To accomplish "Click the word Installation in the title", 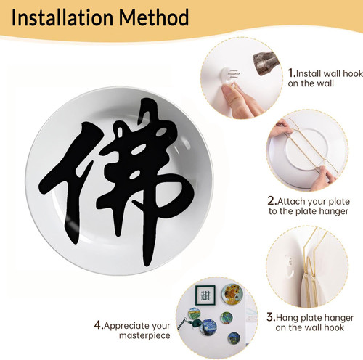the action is pyautogui.click(x=62, y=17).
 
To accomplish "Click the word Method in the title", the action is pyautogui.click(x=154, y=17).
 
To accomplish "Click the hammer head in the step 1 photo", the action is pyautogui.click(x=266, y=63).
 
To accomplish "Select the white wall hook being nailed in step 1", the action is pyautogui.click(x=229, y=75).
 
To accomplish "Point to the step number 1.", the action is pyautogui.click(x=291, y=73).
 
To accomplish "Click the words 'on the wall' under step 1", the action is pyautogui.click(x=311, y=83).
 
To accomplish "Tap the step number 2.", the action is pyautogui.click(x=272, y=201).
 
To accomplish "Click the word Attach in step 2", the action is pyautogui.click(x=291, y=201).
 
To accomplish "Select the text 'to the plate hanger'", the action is pyautogui.click(x=309, y=211).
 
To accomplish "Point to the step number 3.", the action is pyautogui.click(x=271, y=317).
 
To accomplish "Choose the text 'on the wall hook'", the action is pyautogui.click(x=309, y=327).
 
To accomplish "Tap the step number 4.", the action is pyautogui.click(x=99, y=325).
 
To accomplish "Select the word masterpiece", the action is pyautogui.click(x=144, y=336).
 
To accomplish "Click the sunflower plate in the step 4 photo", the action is pyautogui.click(x=232, y=293).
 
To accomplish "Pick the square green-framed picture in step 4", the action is pyautogui.click(x=205, y=295).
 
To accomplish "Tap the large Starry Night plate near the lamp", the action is pyautogui.click(x=208, y=327).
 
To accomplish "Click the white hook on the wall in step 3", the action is pyautogui.click(x=290, y=266).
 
